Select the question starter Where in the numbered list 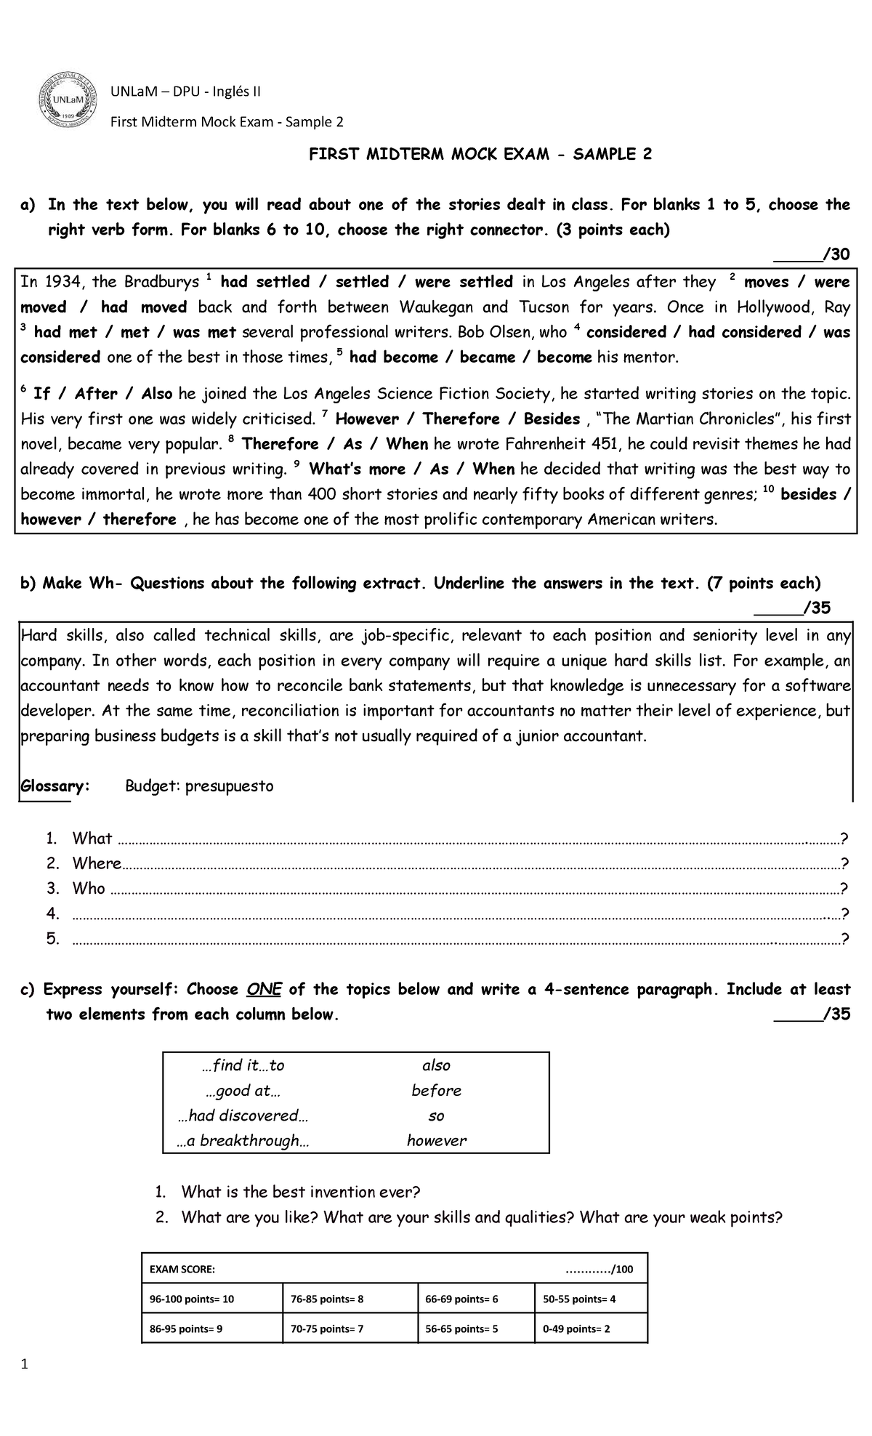[x=96, y=863]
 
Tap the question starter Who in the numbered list [x=89, y=888]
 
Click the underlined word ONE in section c [x=264, y=990]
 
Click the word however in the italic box [x=436, y=1141]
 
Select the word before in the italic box [x=436, y=1091]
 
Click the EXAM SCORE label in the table [x=182, y=1270]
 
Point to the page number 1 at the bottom [x=25, y=1384]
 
